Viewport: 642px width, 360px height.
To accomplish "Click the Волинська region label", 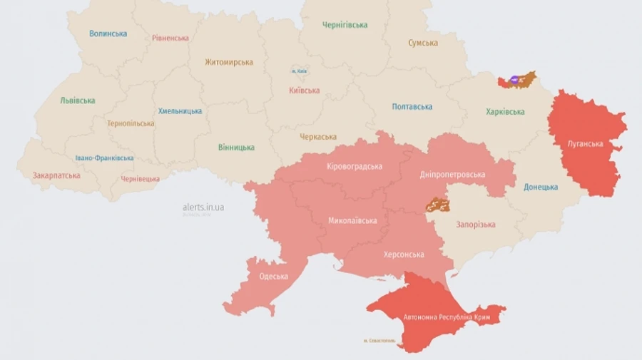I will (x=108, y=34).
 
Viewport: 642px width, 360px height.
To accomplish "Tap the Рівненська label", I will (x=170, y=38).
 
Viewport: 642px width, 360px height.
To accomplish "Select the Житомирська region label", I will (x=229, y=62).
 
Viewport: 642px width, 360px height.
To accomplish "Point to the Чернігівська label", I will (x=345, y=25).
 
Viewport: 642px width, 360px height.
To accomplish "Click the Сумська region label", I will (x=423, y=43).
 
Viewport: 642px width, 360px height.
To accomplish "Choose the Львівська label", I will (x=78, y=101).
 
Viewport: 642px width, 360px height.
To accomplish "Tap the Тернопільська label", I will (x=131, y=123).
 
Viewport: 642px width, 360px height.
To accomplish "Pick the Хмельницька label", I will (x=180, y=111).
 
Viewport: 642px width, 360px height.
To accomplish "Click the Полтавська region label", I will (x=412, y=107).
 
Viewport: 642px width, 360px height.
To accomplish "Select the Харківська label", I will (x=505, y=112).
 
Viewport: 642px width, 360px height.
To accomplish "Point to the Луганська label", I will (x=585, y=144).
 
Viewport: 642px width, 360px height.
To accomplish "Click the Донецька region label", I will (x=541, y=187).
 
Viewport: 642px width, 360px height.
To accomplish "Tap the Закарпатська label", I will (x=56, y=175).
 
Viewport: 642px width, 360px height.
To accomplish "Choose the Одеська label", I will (x=274, y=277).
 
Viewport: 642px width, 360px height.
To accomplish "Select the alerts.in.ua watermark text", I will (x=203, y=207).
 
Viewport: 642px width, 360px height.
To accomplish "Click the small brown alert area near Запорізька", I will (x=438, y=206).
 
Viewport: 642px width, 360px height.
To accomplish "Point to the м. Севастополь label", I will (x=382, y=340).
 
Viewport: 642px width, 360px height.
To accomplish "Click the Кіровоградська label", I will (x=355, y=167).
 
